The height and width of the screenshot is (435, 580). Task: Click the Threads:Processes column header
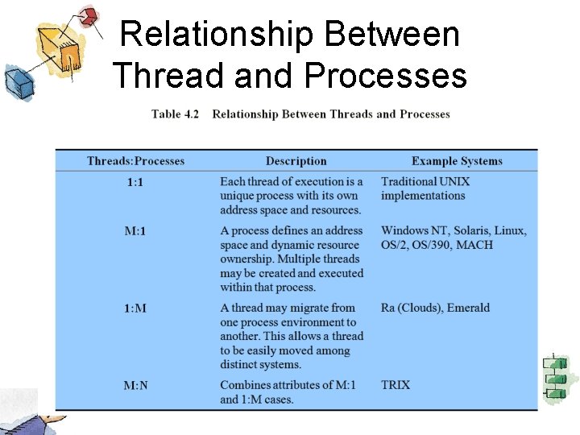(x=135, y=161)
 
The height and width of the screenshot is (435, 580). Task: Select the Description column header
(x=296, y=161)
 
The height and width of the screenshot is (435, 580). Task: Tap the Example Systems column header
(x=457, y=161)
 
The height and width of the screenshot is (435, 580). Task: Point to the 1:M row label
(x=135, y=308)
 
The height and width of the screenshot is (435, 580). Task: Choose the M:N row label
(x=135, y=385)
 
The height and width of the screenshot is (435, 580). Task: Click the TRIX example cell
(x=396, y=385)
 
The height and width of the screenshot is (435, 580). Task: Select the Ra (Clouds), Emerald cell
(x=435, y=308)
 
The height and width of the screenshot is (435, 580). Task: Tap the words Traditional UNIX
(x=425, y=182)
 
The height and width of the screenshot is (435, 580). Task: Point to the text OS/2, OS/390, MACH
(x=437, y=245)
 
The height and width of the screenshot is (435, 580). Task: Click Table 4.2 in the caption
(x=175, y=114)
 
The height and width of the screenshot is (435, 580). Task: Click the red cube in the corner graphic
(x=89, y=15)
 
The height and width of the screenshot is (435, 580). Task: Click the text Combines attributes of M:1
(x=291, y=385)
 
